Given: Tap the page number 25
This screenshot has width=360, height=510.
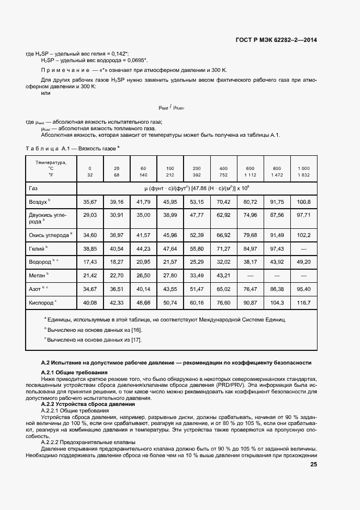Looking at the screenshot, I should (x=314, y=465).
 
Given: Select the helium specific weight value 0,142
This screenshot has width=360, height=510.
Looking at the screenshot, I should (x=119, y=53).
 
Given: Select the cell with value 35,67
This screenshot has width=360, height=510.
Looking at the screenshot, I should (x=90, y=202).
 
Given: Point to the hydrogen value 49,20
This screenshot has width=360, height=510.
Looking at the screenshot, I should (x=304, y=262).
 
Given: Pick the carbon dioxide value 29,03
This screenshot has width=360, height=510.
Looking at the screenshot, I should (x=90, y=215).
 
